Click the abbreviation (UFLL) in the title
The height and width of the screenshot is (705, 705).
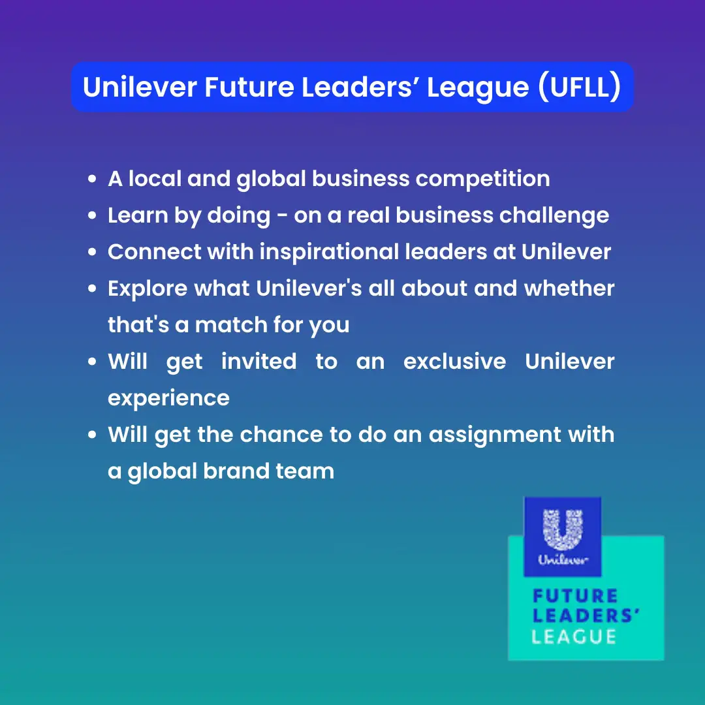[580, 87]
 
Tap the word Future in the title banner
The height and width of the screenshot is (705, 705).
[249, 87]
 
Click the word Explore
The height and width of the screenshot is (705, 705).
[148, 289]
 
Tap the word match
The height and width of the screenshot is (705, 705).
[231, 324]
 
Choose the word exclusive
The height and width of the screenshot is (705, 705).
[454, 362]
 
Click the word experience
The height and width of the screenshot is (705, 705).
[168, 399]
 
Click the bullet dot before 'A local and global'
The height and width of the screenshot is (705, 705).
[92, 179]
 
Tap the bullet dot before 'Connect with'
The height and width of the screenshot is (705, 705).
[92, 252]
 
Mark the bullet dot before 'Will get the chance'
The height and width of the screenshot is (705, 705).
[92, 435]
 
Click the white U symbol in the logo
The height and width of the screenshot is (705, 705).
[563, 529]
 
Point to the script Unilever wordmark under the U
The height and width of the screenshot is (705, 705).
[563, 560]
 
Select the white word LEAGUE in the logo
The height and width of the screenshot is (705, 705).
[574, 636]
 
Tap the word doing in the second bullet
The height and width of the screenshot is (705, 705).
[239, 216]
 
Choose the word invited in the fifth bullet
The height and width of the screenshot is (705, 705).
[259, 362]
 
